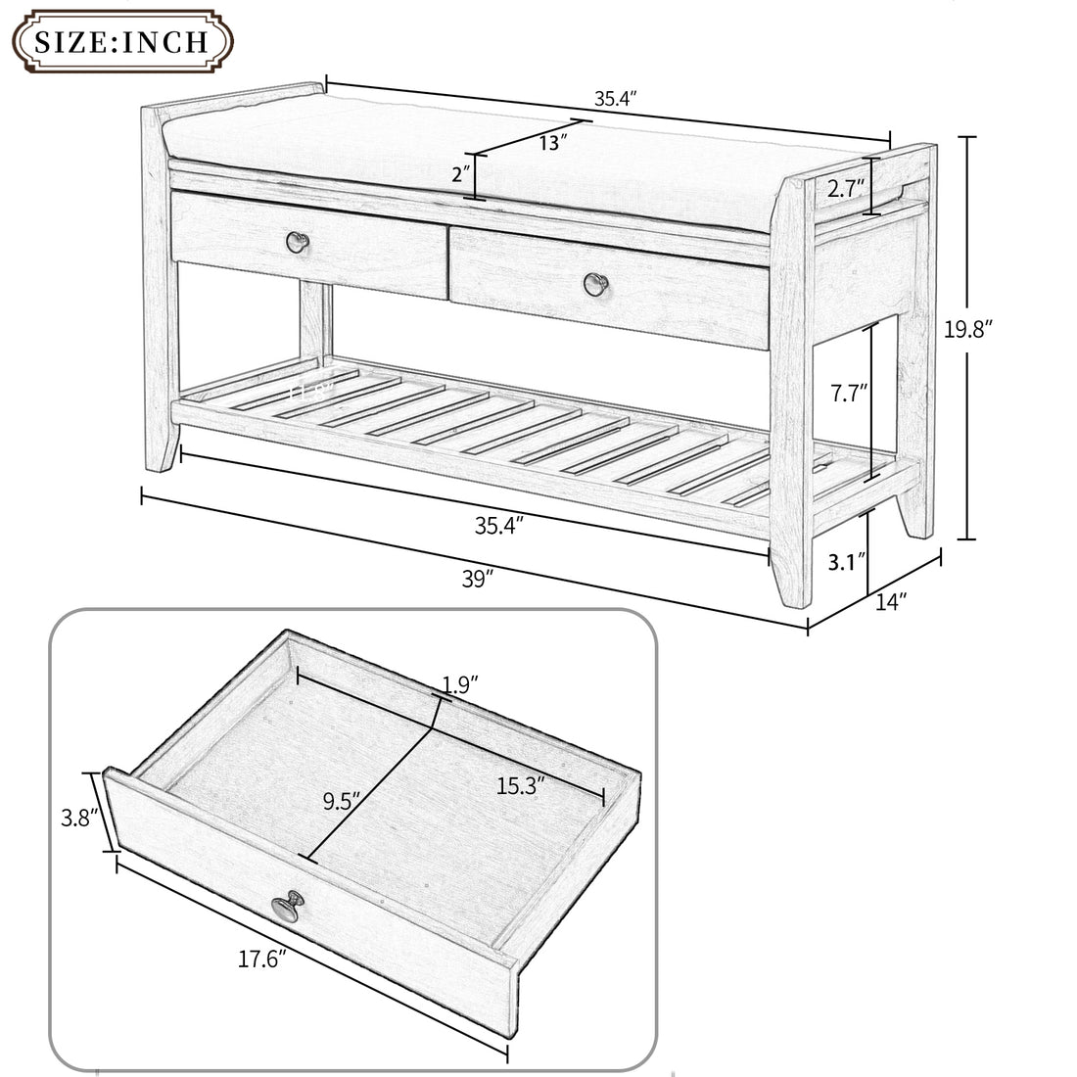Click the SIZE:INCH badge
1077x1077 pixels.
[120, 41]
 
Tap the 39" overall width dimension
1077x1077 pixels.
[477, 579]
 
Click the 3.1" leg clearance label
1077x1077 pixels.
[847, 562]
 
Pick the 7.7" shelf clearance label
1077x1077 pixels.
[847, 395]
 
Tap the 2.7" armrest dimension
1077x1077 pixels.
[846, 188]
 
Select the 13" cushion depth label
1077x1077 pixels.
[553, 142]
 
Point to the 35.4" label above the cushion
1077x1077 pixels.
[616, 99]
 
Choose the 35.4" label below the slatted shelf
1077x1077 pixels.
[498, 525]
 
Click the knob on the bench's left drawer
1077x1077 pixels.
[297, 240]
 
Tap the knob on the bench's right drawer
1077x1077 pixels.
[595, 283]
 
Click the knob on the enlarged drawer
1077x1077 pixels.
[287, 905]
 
